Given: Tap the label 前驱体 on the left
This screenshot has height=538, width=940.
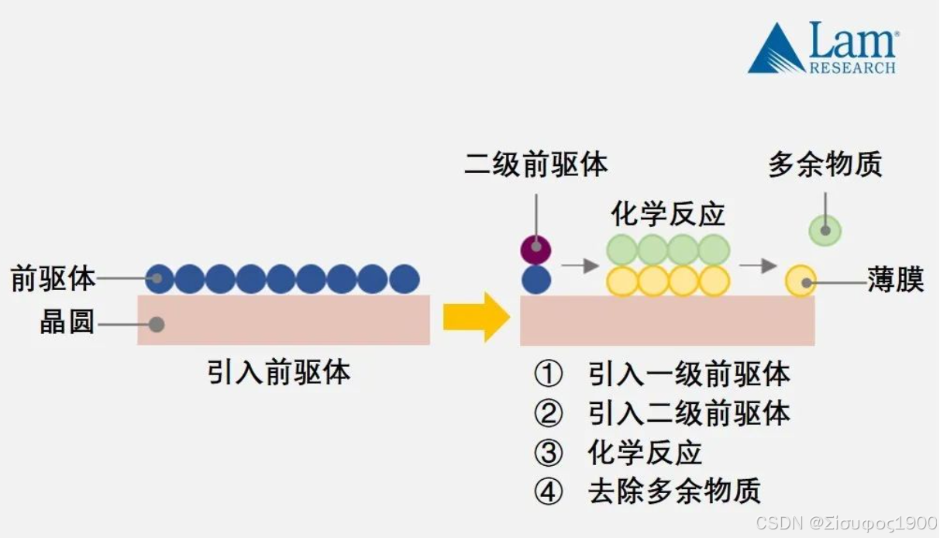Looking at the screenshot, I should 53,278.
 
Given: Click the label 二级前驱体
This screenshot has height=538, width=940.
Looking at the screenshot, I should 535,165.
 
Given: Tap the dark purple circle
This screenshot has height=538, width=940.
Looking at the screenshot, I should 535,250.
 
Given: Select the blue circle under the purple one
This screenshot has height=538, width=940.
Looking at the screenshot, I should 535,280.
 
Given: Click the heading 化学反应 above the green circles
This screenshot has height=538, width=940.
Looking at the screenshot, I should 667,214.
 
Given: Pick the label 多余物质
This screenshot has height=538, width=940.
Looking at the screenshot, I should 825,165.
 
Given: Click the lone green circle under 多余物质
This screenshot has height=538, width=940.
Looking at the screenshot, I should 825,230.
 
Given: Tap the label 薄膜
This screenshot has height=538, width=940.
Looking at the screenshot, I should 896,281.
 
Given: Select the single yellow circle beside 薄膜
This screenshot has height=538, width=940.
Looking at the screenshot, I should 801,281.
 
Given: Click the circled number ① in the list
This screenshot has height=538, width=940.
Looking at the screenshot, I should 548,374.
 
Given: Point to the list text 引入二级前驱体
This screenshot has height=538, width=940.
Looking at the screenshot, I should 689,413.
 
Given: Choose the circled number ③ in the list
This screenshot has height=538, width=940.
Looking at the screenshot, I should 548,453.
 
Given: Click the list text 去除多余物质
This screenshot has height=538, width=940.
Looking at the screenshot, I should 674,491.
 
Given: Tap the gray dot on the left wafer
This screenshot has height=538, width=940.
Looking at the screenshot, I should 157,323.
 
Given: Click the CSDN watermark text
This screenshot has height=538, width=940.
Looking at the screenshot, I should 846,522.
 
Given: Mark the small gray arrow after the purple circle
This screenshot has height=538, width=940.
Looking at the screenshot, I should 580,266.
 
